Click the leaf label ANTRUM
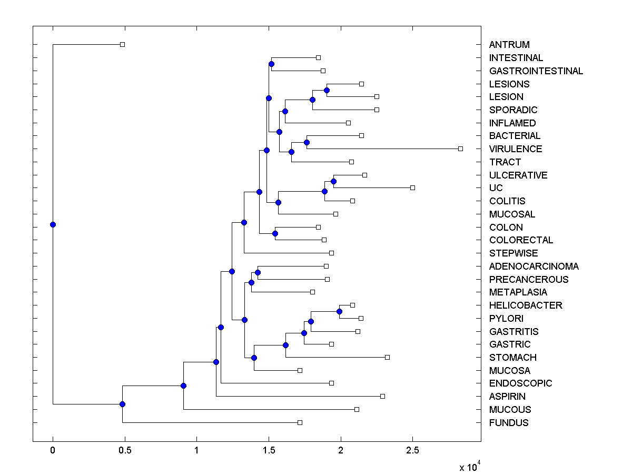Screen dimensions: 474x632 [x=509, y=45]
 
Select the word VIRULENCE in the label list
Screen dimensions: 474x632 [x=516, y=149]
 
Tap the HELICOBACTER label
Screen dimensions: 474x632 [x=526, y=305]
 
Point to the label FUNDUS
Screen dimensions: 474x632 [x=509, y=423]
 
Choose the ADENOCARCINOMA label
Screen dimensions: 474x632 [x=534, y=266]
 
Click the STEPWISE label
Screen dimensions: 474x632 [x=513, y=253]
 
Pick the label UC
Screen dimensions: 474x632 [x=496, y=188]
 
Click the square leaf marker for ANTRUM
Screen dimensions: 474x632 [x=122, y=45]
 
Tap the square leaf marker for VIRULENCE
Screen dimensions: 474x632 [x=460, y=149]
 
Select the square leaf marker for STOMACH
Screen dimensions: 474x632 [x=387, y=358]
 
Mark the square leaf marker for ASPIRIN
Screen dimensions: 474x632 [x=382, y=396]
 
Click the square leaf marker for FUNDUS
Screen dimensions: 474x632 [x=300, y=423]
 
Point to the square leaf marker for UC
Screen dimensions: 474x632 [x=412, y=188]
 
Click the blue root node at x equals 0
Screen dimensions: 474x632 [x=53, y=225]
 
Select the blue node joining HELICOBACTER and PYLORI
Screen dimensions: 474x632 [x=339, y=312]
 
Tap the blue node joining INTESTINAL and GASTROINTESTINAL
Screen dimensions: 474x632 [x=271, y=64]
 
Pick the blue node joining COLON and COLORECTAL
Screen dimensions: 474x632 [x=275, y=233]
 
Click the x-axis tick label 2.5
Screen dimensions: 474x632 [x=412, y=450]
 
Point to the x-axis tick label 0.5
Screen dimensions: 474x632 [x=124, y=450]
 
